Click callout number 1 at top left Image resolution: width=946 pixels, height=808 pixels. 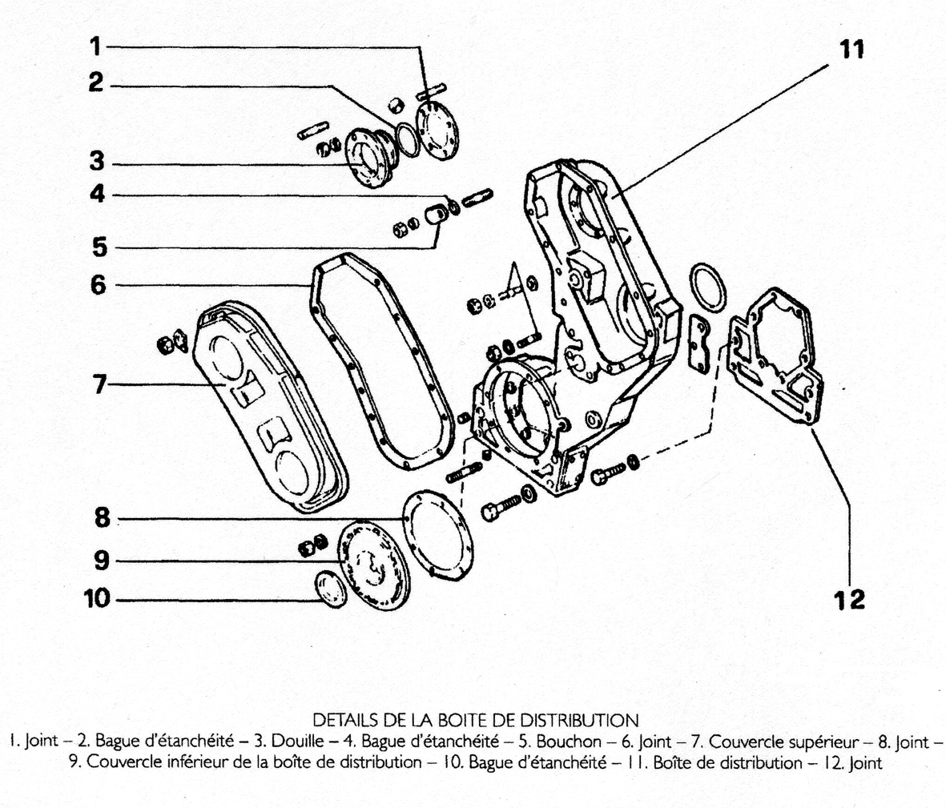(95, 47)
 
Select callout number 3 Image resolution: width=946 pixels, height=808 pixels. (97, 163)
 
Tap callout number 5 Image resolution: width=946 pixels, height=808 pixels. (99, 246)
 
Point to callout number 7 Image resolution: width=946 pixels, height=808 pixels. (99, 385)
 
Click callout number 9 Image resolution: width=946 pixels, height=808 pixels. (101, 561)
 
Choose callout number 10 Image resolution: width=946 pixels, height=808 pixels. (96, 599)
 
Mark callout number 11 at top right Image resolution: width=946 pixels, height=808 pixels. (851, 49)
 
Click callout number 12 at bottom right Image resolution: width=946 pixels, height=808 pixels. (850, 599)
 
